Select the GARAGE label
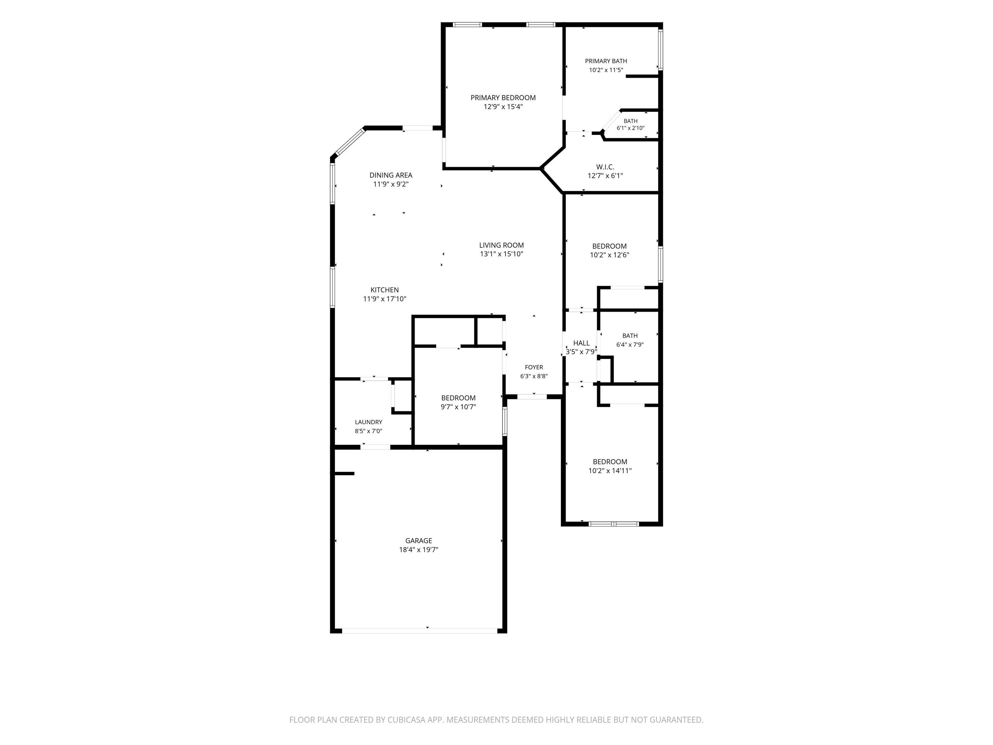[x=418, y=541]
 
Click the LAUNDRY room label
[x=368, y=422]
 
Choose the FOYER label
[x=534, y=367]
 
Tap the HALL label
[x=581, y=343]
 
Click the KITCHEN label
[x=384, y=290]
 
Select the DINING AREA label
[x=390, y=175]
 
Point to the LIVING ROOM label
[x=501, y=245]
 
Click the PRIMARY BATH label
[x=606, y=61]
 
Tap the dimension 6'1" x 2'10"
[x=630, y=128]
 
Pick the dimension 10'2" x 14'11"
[x=610, y=470]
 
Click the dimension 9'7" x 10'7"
[x=458, y=407]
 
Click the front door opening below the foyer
[x=532, y=396]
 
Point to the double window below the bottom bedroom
[x=614, y=524]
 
